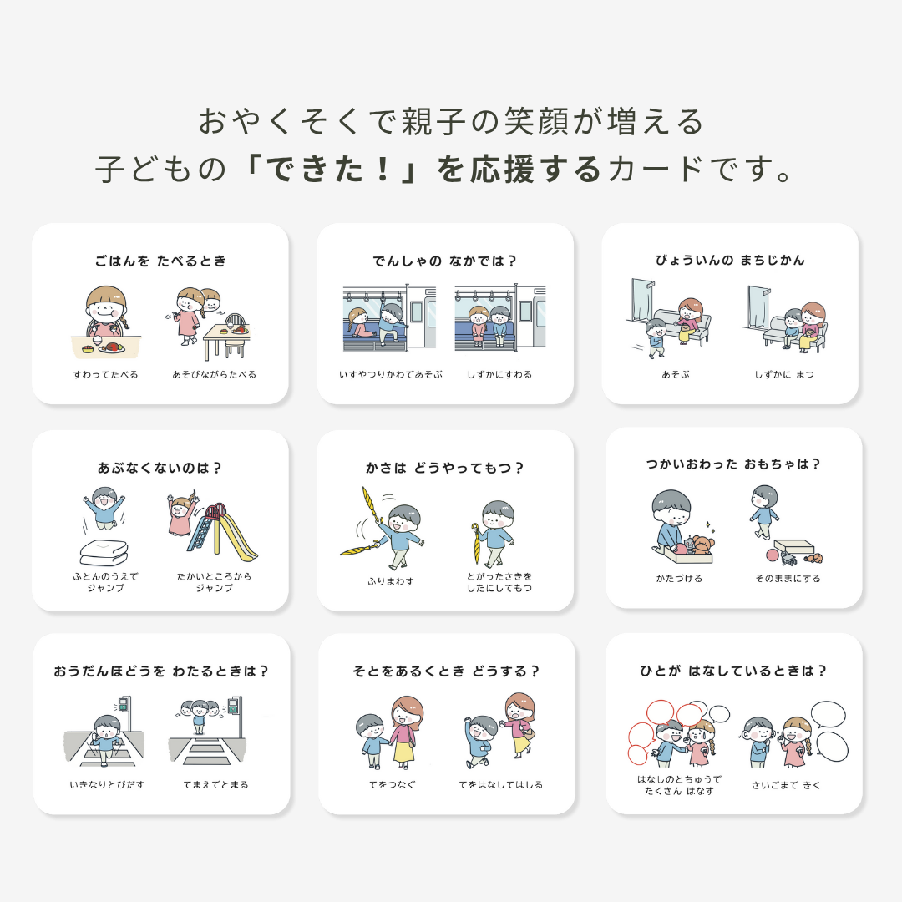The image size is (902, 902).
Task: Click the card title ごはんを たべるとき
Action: pos(160,261)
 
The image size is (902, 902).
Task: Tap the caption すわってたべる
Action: pos(105,374)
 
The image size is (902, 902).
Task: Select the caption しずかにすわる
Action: pos(499,374)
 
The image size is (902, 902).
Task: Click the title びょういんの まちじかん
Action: pos(730,261)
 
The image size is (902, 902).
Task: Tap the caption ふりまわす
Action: pos(390,580)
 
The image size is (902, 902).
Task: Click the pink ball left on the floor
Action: pos(773,555)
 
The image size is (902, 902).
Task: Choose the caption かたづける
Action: pos(679,578)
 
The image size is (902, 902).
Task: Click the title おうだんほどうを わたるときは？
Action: pos(161,671)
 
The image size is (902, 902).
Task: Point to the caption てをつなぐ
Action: pos(392,784)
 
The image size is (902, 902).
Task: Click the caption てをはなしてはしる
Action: pos(500,784)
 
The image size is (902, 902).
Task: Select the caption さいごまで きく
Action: pos(786,784)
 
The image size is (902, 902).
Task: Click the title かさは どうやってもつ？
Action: pos(445,468)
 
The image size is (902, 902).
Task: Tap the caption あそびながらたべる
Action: pos(214,374)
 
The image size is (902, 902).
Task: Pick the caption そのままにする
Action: pos(787,578)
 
